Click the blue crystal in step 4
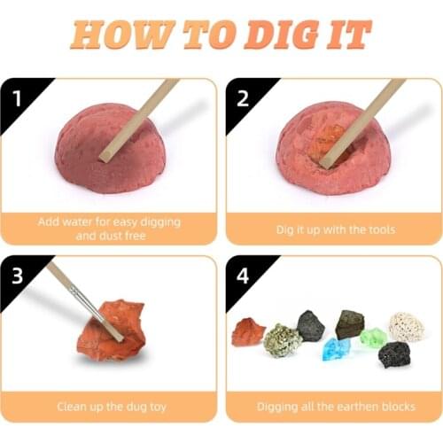[337, 348]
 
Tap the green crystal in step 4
[373, 338]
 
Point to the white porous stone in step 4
[407, 326]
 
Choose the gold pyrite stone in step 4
[283, 340]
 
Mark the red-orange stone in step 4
[247, 331]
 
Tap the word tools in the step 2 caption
[377, 229]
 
